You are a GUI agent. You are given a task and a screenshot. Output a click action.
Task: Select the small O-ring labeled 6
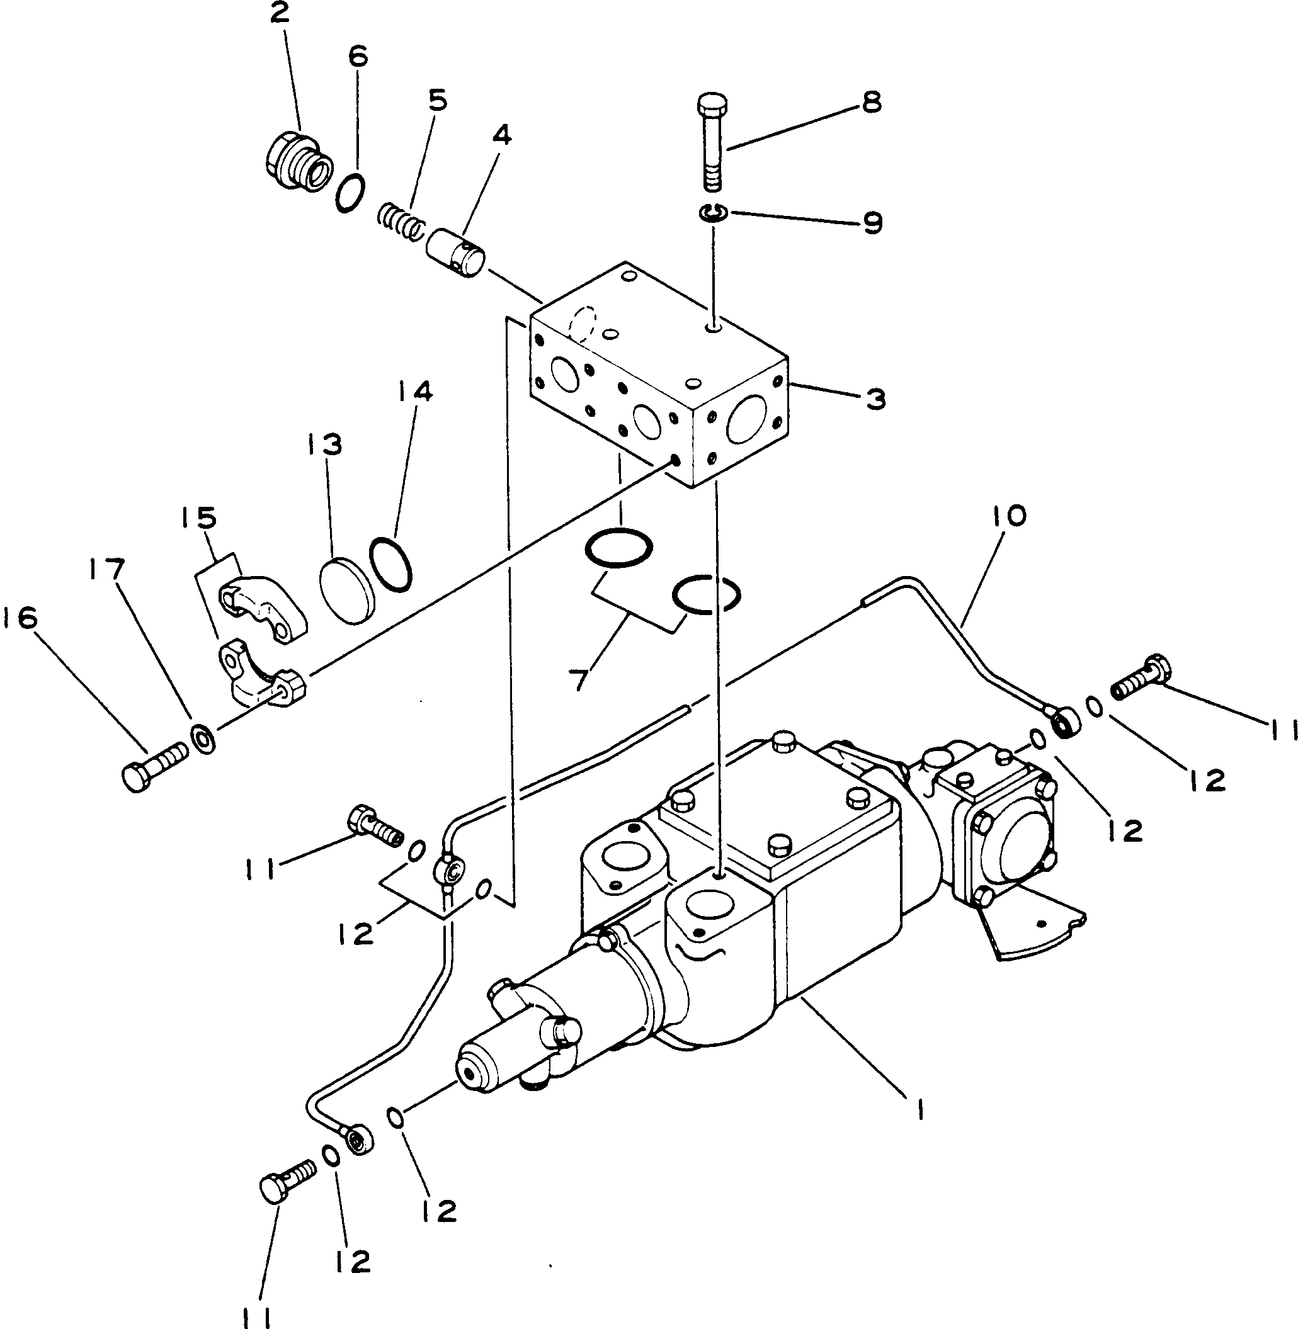(x=350, y=193)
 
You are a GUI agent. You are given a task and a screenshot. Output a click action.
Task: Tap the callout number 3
(x=875, y=399)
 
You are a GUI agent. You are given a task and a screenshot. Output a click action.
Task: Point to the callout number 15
(x=198, y=518)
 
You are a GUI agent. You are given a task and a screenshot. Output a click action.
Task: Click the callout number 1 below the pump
(x=919, y=1112)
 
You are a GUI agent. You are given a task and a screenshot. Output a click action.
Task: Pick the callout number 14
(x=415, y=391)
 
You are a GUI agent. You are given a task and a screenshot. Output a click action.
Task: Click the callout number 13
(x=323, y=444)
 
